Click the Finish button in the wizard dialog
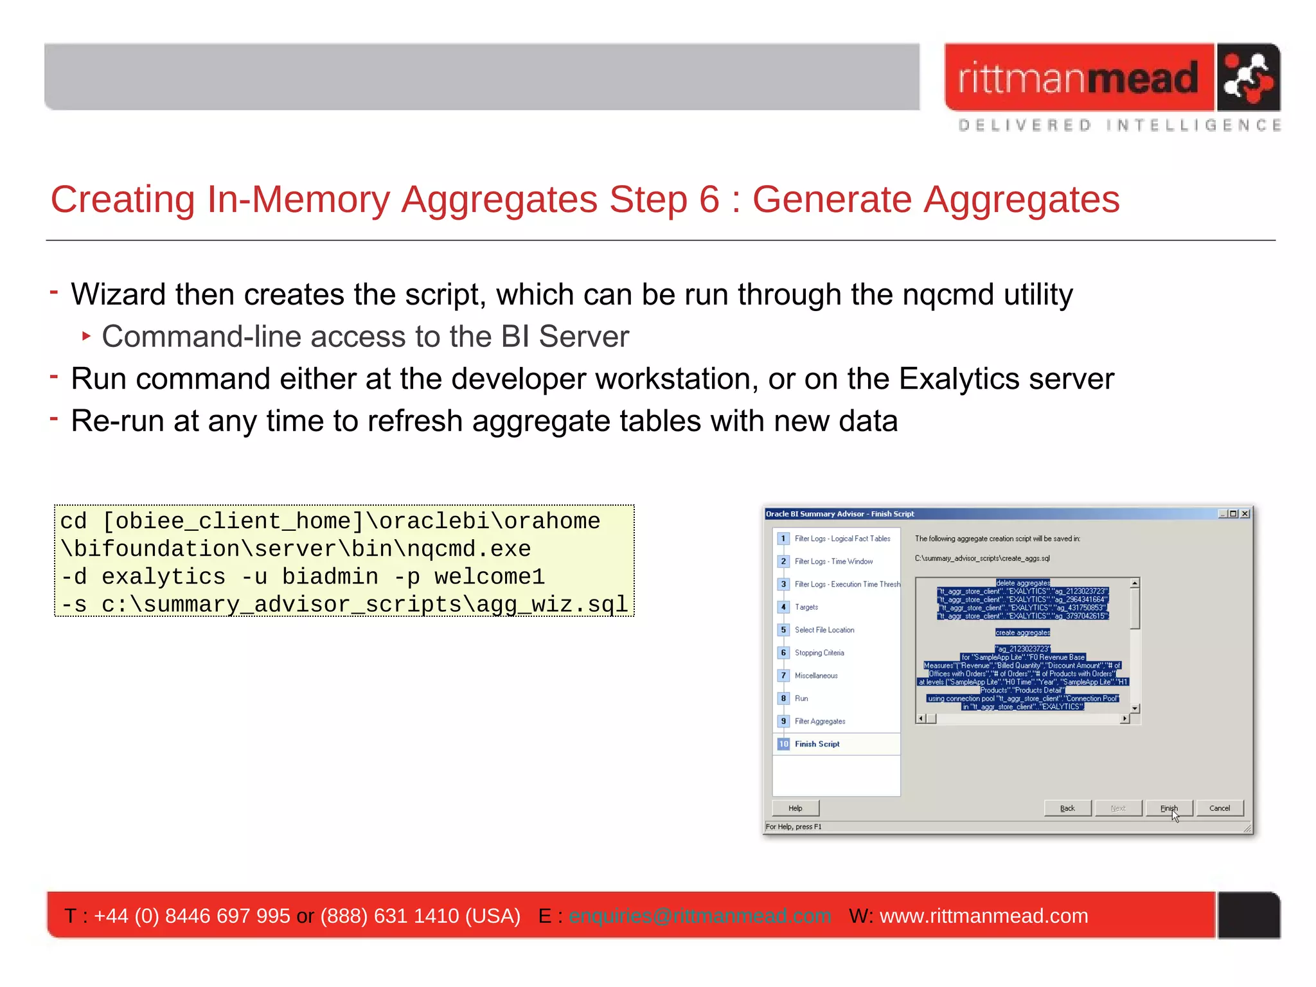(1169, 808)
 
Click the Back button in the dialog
(1067, 808)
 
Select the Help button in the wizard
(796, 808)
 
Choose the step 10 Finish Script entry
(817, 743)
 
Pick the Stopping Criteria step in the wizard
(819, 652)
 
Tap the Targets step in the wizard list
(806, 607)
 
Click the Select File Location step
(824, 630)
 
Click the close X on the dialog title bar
(1245, 513)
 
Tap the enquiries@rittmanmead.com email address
(700, 916)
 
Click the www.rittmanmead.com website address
(983, 916)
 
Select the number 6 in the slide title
(709, 200)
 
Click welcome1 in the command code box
(490, 576)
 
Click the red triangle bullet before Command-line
(87, 336)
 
